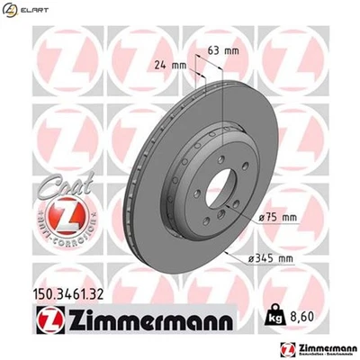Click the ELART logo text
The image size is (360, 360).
click(34, 9)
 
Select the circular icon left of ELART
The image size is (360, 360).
click(10, 9)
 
